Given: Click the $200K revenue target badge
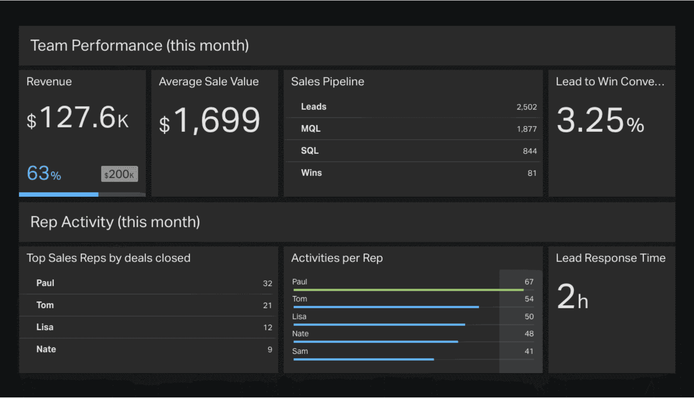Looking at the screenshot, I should tap(119, 174).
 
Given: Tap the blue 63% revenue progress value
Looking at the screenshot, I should tap(44, 173).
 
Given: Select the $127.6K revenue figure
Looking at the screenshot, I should tap(78, 118).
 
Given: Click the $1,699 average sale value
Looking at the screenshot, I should tap(210, 120).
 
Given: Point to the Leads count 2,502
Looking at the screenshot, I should tap(526, 107).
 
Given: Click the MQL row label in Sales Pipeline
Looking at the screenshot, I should tap(311, 129).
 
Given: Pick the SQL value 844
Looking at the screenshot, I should tap(529, 151).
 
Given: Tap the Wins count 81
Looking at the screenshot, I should tap(532, 173).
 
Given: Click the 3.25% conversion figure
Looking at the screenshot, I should tap(600, 121).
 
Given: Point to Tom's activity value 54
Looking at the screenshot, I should tap(529, 299).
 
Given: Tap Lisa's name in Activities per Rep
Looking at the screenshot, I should tap(299, 317).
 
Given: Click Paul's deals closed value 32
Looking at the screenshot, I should tap(267, 283).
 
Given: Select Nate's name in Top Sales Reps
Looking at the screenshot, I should tap(46, 349).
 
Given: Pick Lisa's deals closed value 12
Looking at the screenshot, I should tap(267, 328).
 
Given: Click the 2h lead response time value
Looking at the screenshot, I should tap(572, 297).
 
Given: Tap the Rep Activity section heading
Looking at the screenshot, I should tap(115, 222).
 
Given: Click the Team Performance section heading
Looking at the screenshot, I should tap(139, 46).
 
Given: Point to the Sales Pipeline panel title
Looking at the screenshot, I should tap(327, 82).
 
